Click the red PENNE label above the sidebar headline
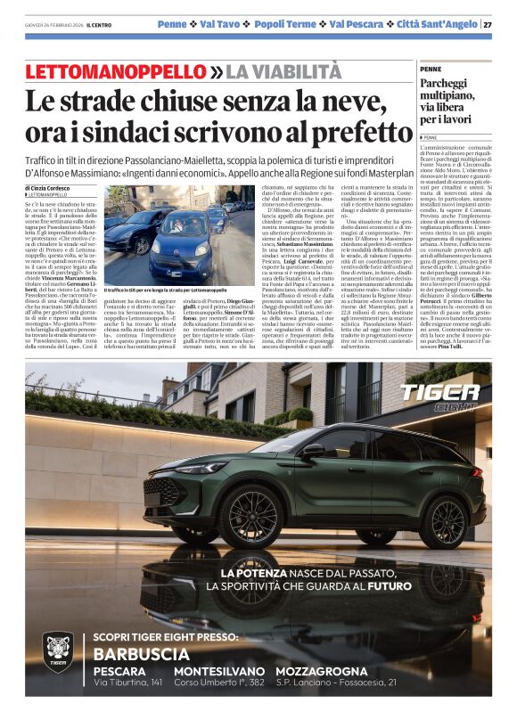click(x=430, y=69)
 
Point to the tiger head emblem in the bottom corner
click(x=58, y=658)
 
